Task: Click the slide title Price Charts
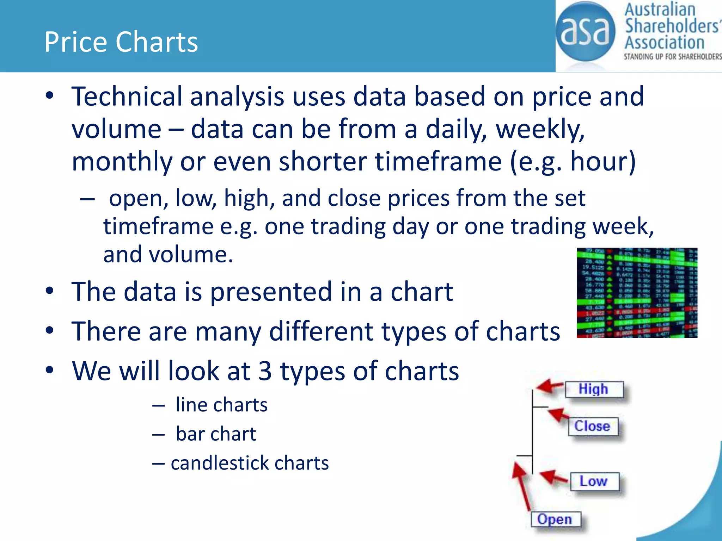pos(121,42)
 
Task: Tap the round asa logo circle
pos(585,32)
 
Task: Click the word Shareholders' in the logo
pos(672,26)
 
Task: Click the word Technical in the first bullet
pos(127,97)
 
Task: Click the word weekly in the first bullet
pos(540,129)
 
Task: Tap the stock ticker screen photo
pos(637,293)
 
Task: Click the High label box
pos(594,389)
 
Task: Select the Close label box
pos(593,426)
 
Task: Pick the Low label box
pos(594,481)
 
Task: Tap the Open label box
pos(555,519)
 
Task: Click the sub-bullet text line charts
pos(221,405)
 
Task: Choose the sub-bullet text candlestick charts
pos(250,463)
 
